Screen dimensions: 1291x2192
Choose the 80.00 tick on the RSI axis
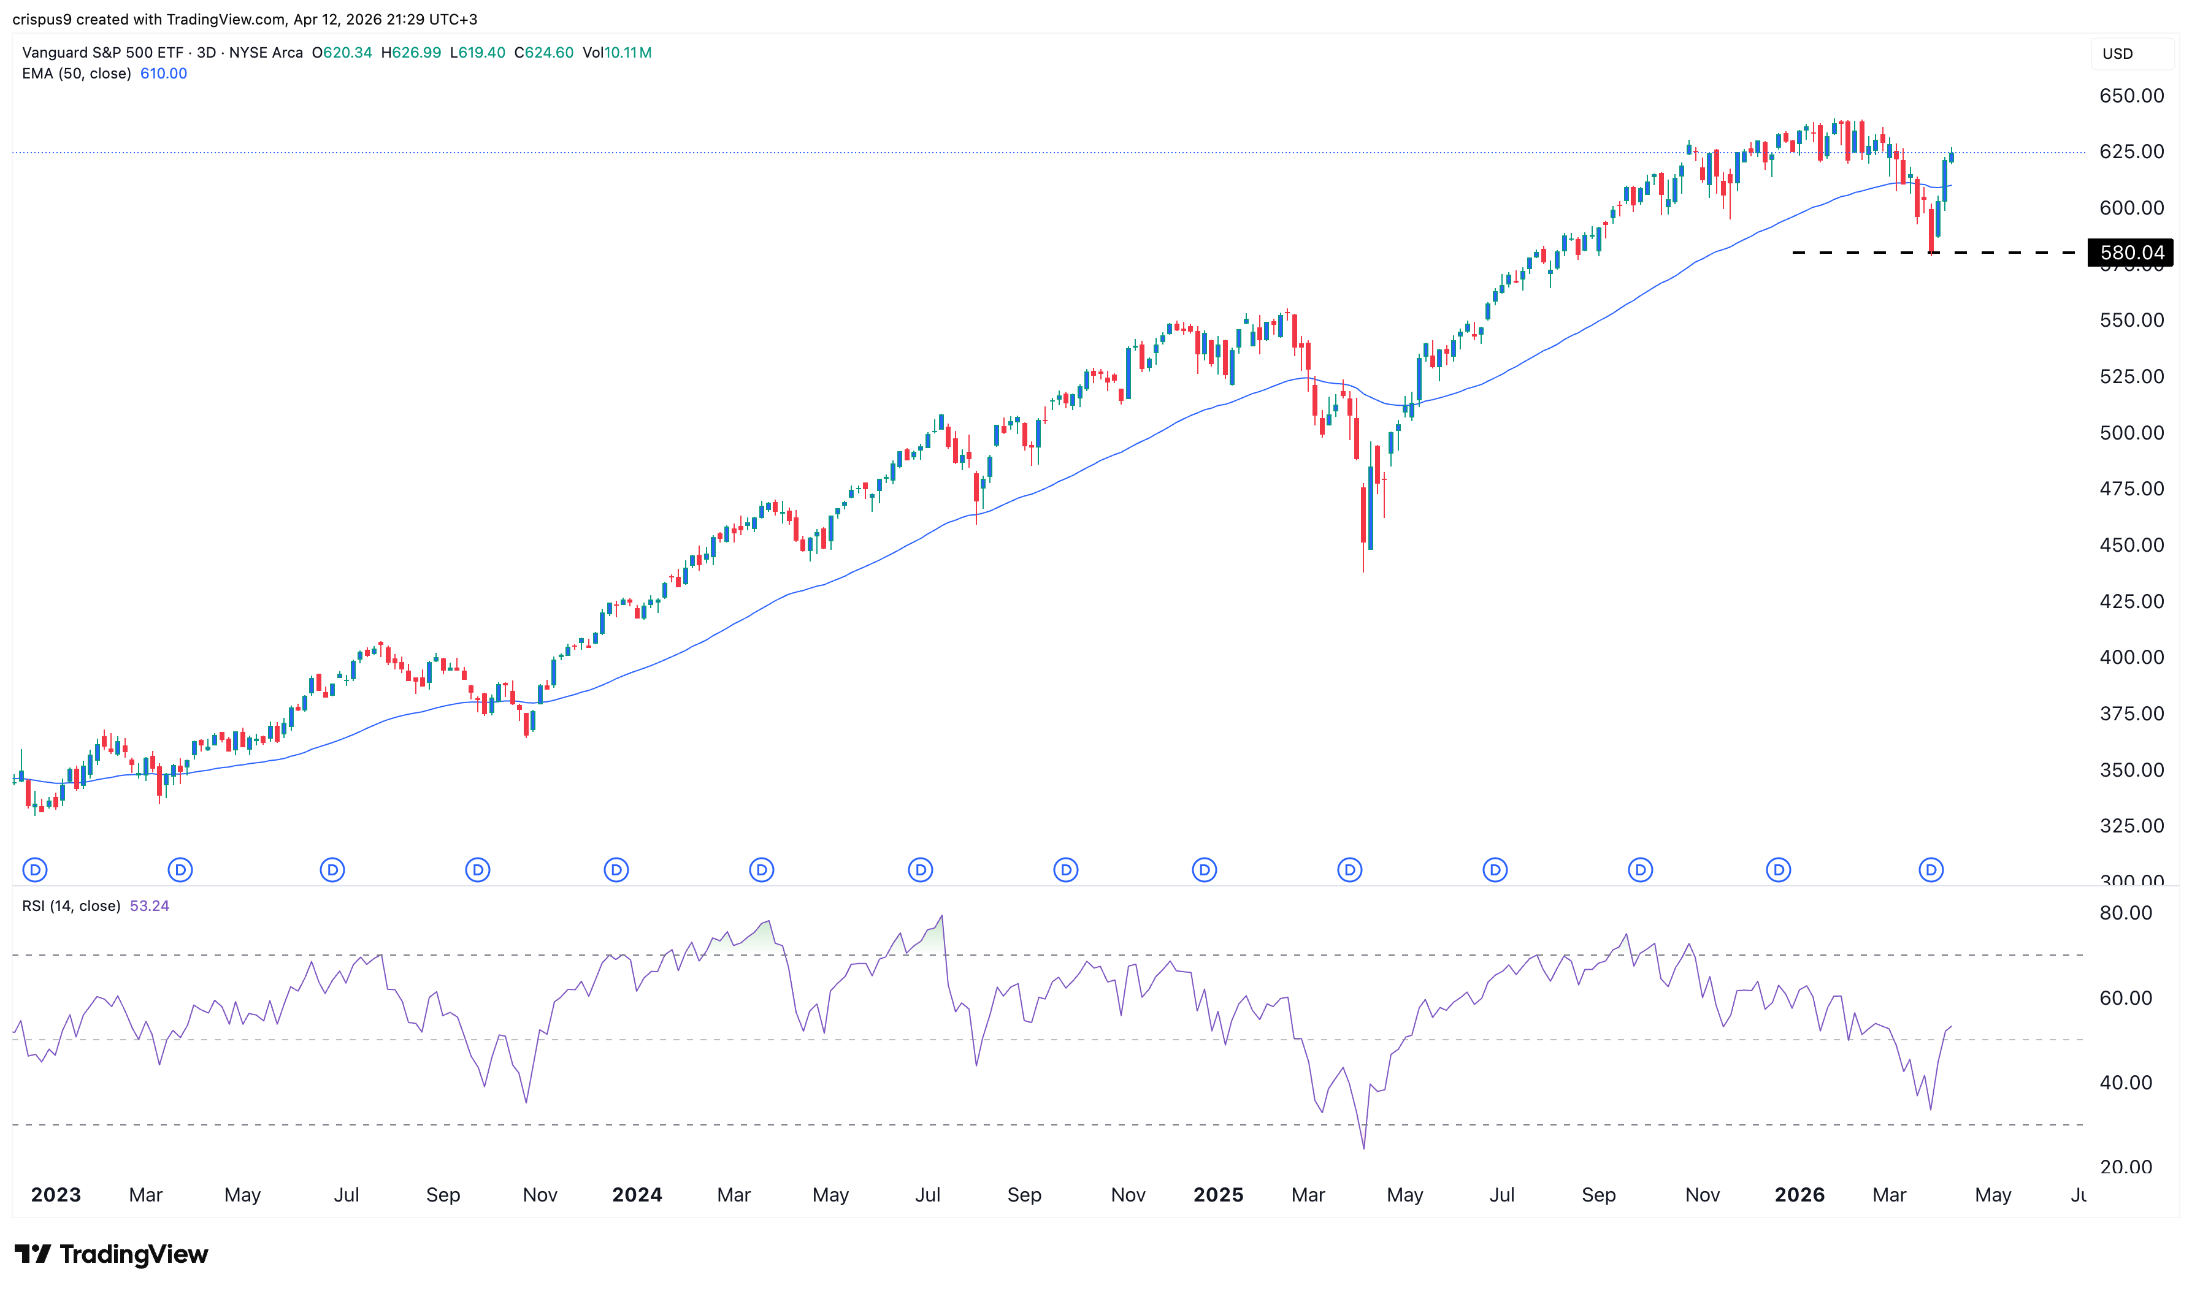(x=2125, y=913)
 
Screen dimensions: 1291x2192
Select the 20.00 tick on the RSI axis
(x=2125, y=1167)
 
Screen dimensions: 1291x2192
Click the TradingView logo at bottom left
(x=112, y=1254)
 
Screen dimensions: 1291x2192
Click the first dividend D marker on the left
(x=35, y=870)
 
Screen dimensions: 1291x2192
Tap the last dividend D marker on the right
(x=1931, y=870)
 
